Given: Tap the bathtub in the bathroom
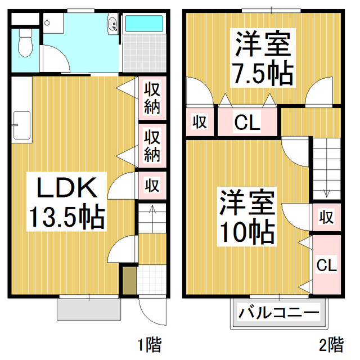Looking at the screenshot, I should click(143, 25).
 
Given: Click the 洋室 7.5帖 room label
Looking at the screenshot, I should click(263, 60).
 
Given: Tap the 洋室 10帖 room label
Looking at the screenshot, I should click(246, 217).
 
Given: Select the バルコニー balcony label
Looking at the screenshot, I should click(278, 311).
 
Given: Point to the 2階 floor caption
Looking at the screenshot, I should click(331, 343).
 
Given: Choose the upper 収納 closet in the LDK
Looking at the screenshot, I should click(152, 98).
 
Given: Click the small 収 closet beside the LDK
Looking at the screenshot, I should click(152, 184).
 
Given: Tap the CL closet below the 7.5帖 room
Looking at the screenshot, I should click(247, 122).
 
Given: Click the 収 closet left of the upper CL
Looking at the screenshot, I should click(199, 121).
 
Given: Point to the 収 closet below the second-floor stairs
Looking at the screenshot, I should click(326, 217).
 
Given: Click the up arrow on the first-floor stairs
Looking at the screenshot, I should click(151, 212).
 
